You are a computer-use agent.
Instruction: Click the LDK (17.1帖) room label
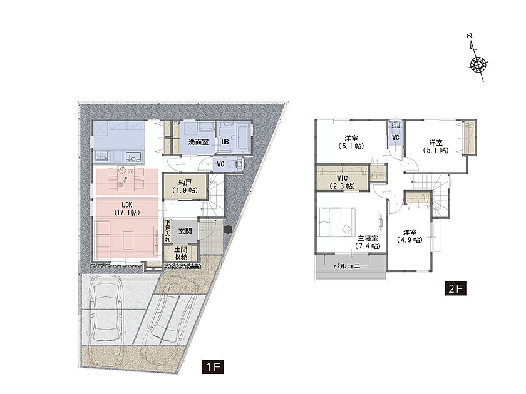(126, 208)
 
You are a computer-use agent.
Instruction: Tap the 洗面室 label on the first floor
(199, 142)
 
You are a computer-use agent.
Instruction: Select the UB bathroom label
(225, 142)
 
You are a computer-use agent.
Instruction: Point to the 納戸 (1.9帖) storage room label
(185, 186)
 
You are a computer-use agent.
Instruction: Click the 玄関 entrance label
(185, 231)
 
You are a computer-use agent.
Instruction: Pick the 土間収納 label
(181, 253)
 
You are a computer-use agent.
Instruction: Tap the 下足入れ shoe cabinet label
(168, 231)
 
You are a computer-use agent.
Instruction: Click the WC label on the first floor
(220, 164)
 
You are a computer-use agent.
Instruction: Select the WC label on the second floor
(396, 138)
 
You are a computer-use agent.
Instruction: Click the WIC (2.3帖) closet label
(342, 182)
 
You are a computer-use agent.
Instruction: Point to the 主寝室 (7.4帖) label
(368, 242)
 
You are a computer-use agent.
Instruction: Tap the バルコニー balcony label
(350, 266)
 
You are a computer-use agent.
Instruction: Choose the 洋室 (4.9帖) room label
(410, 236)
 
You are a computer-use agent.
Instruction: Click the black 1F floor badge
(213, 367)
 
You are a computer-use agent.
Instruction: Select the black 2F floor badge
(455, 288)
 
